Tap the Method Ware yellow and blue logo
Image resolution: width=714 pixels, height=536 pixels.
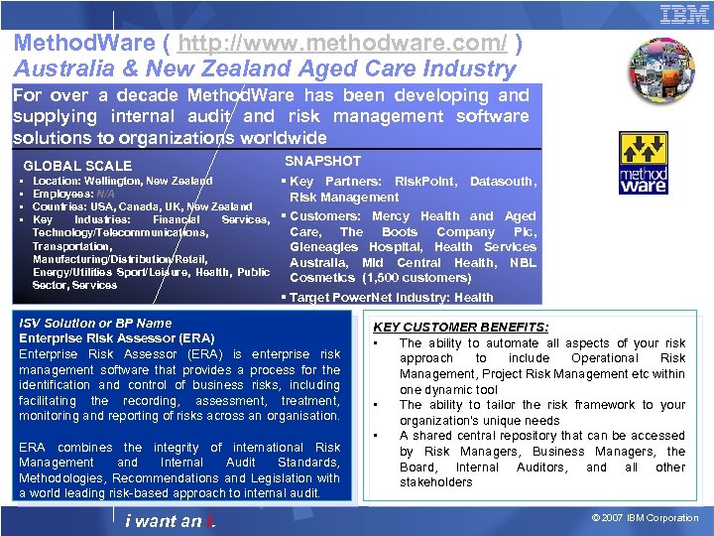[x=645, y=164]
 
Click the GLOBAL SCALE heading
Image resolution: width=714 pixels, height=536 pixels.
[x=77, y=166]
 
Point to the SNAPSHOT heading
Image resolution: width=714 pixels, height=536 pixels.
[x=323, y=161]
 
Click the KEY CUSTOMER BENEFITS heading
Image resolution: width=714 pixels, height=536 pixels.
[x=461, y=327]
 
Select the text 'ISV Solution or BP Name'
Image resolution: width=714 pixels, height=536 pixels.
[x=95, y=323]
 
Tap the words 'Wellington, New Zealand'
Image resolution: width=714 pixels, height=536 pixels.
[x=149, y=182]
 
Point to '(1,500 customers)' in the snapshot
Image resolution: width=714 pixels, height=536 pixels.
[x=416, y=278]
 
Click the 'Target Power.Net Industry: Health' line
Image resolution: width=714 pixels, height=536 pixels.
[x=391, y=297]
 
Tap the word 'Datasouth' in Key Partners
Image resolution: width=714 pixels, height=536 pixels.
[x=502, y=182]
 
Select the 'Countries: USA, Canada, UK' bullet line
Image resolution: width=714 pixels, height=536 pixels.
[x=109, y=206]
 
